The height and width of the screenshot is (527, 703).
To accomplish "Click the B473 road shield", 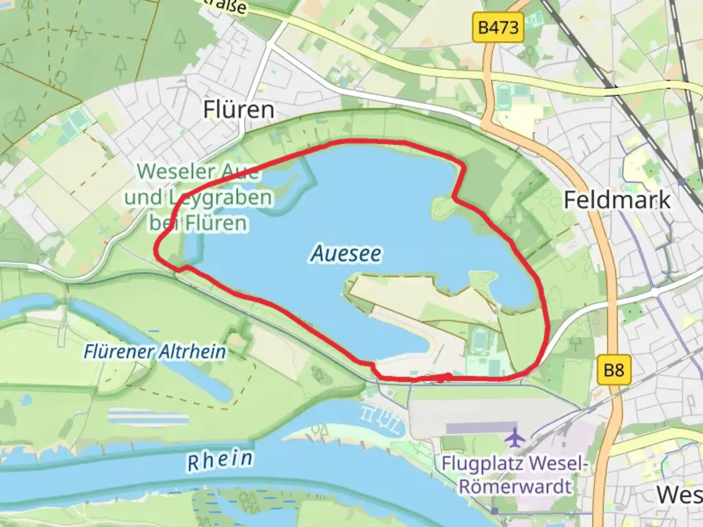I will [x=498, y=27].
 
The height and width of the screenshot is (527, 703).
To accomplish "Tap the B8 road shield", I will [x=614, y=370].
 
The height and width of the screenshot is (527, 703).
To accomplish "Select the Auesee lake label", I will [x=346, y=254].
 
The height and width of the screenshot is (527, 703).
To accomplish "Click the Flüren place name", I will [x=239, y=109].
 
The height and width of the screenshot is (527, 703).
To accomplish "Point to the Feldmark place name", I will [x=617, y=200].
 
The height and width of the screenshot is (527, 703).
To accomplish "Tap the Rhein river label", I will [x=220, y=461].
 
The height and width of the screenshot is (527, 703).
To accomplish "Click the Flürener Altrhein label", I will [x=155, y=351].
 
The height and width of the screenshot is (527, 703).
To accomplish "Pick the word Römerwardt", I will [x=515, y=486].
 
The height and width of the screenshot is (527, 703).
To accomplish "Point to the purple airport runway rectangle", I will [x=481, y=428].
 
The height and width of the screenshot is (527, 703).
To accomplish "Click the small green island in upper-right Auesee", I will [x=443, y=208].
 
